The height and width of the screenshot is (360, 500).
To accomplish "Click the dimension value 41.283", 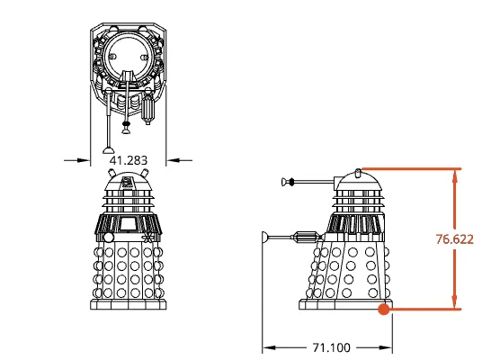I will point(128,159).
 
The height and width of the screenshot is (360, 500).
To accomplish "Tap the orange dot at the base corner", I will point(384,310).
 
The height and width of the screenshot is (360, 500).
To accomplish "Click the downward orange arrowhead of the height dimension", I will point(455,302).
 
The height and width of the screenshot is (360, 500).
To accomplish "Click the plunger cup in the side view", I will point(264,238).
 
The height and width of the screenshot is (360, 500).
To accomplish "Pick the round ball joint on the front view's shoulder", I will point(108,237).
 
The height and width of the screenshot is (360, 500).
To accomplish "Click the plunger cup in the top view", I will point(108,148).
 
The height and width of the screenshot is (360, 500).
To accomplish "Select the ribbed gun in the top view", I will point(149,111).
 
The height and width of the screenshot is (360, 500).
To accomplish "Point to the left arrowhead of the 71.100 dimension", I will point(266,346).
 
